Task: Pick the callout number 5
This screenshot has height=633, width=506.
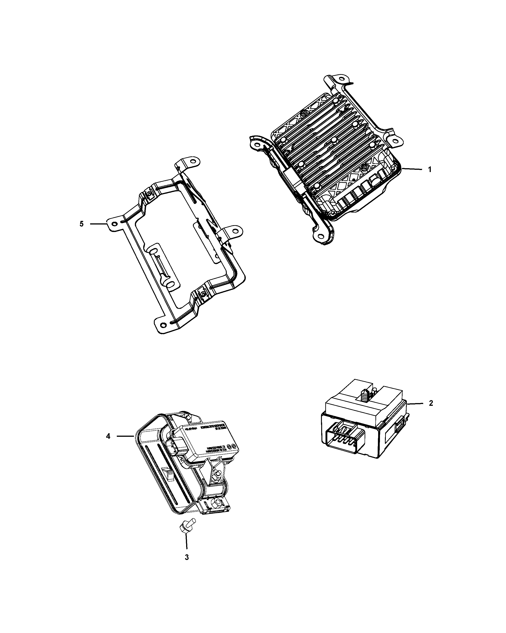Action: pyautogui.click(x=82, y=224)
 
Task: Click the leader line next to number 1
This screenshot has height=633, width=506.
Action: pyautogui.click(x=412, y=169)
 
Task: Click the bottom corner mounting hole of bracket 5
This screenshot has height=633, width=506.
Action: pyautogui.click(x=163, y=324)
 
